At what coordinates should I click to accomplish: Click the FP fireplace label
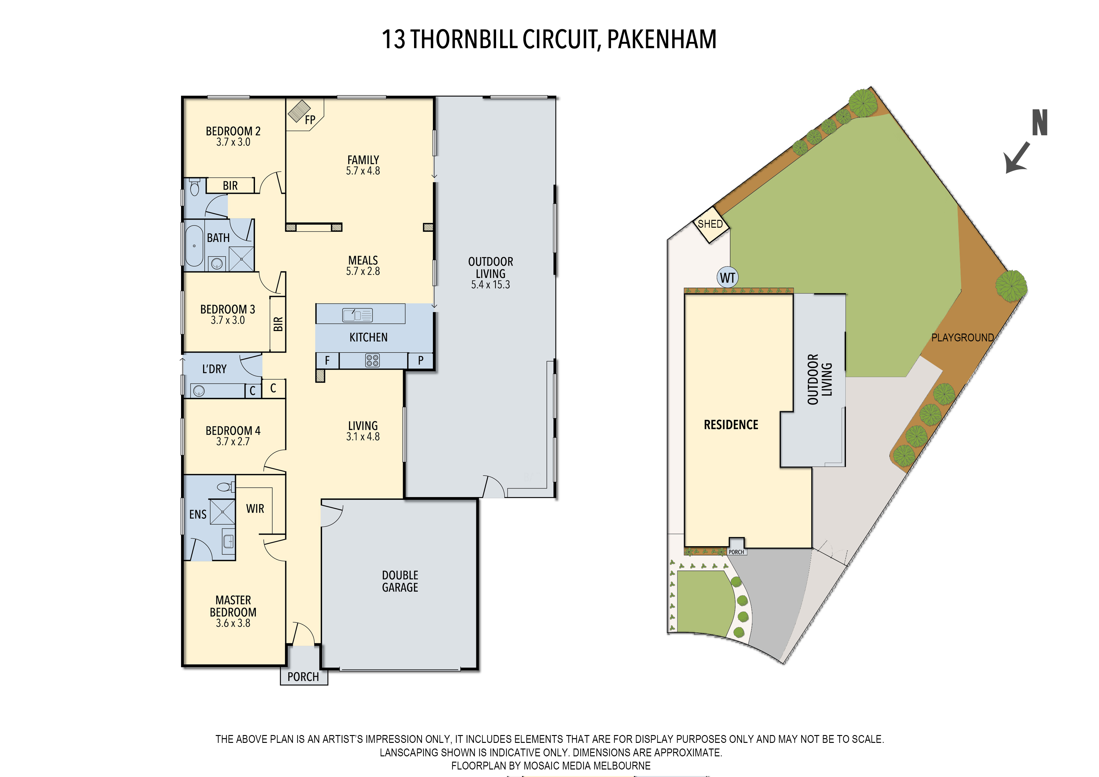coord(310,120)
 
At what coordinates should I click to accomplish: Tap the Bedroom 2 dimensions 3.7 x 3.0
coord(233,142)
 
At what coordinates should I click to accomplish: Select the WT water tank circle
coord(728,278)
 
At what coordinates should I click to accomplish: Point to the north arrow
coord(1017,157)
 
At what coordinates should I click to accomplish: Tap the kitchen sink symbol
coord(357,314)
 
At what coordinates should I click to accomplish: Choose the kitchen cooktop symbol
coord(372,360)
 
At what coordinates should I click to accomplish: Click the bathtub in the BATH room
coord(194,246)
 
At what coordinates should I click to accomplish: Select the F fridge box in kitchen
coord(327,360)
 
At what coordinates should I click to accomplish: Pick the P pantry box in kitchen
coord(420,360)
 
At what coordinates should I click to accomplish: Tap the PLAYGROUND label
coord(962,338)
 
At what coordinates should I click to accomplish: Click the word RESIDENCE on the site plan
coord(731,425)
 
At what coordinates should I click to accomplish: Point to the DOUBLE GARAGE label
coord(400,581)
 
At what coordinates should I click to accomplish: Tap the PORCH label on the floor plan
coord(303,677)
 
